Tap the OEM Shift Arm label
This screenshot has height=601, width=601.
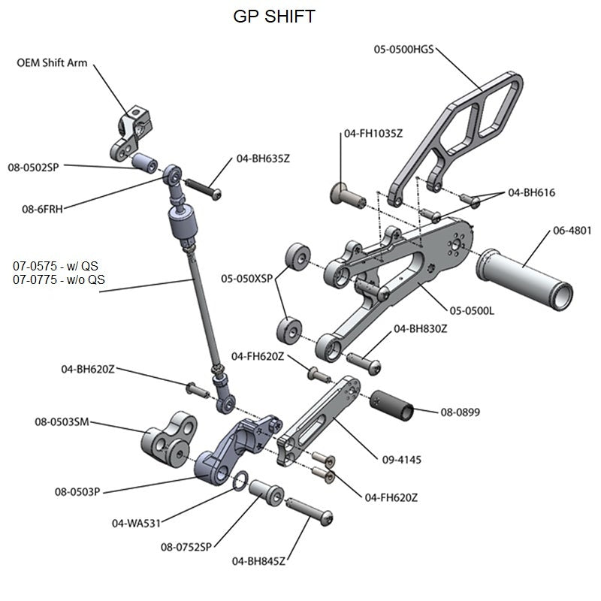(52, 63)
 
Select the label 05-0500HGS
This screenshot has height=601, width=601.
(403, 50)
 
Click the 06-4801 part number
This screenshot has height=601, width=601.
(572, 231)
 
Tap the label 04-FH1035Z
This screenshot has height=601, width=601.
(373, 134)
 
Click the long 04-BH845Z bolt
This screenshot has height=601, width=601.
(309, 511)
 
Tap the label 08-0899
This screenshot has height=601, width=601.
(460, 412)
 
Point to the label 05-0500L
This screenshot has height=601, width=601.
(472, 310)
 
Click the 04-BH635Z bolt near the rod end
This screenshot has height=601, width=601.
(204, 186)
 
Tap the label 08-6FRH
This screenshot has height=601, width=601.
(42, 210)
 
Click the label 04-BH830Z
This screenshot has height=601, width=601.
(421, 328)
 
